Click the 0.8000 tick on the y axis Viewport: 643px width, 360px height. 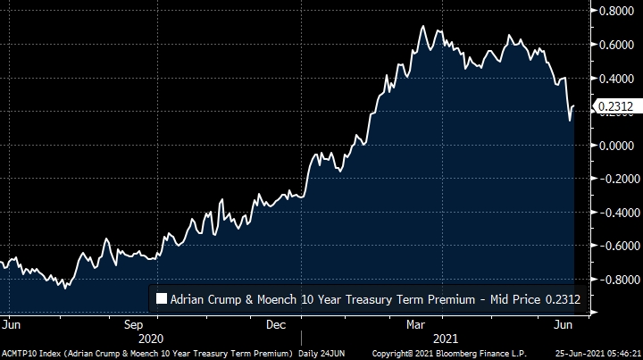[616, 12]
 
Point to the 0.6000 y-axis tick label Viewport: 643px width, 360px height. [616, 45]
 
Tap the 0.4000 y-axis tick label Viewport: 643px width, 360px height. [616, 79]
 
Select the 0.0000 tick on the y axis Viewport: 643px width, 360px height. [616, 146]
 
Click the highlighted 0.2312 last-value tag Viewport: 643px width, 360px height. [615, 107]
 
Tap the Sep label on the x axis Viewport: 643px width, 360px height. [134, 324]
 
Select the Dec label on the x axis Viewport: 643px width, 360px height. [276, 324]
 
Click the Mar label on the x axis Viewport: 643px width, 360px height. [417, 324]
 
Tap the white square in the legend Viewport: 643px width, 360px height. [162, 300]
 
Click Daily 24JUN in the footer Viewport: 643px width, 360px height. [321, 354]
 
